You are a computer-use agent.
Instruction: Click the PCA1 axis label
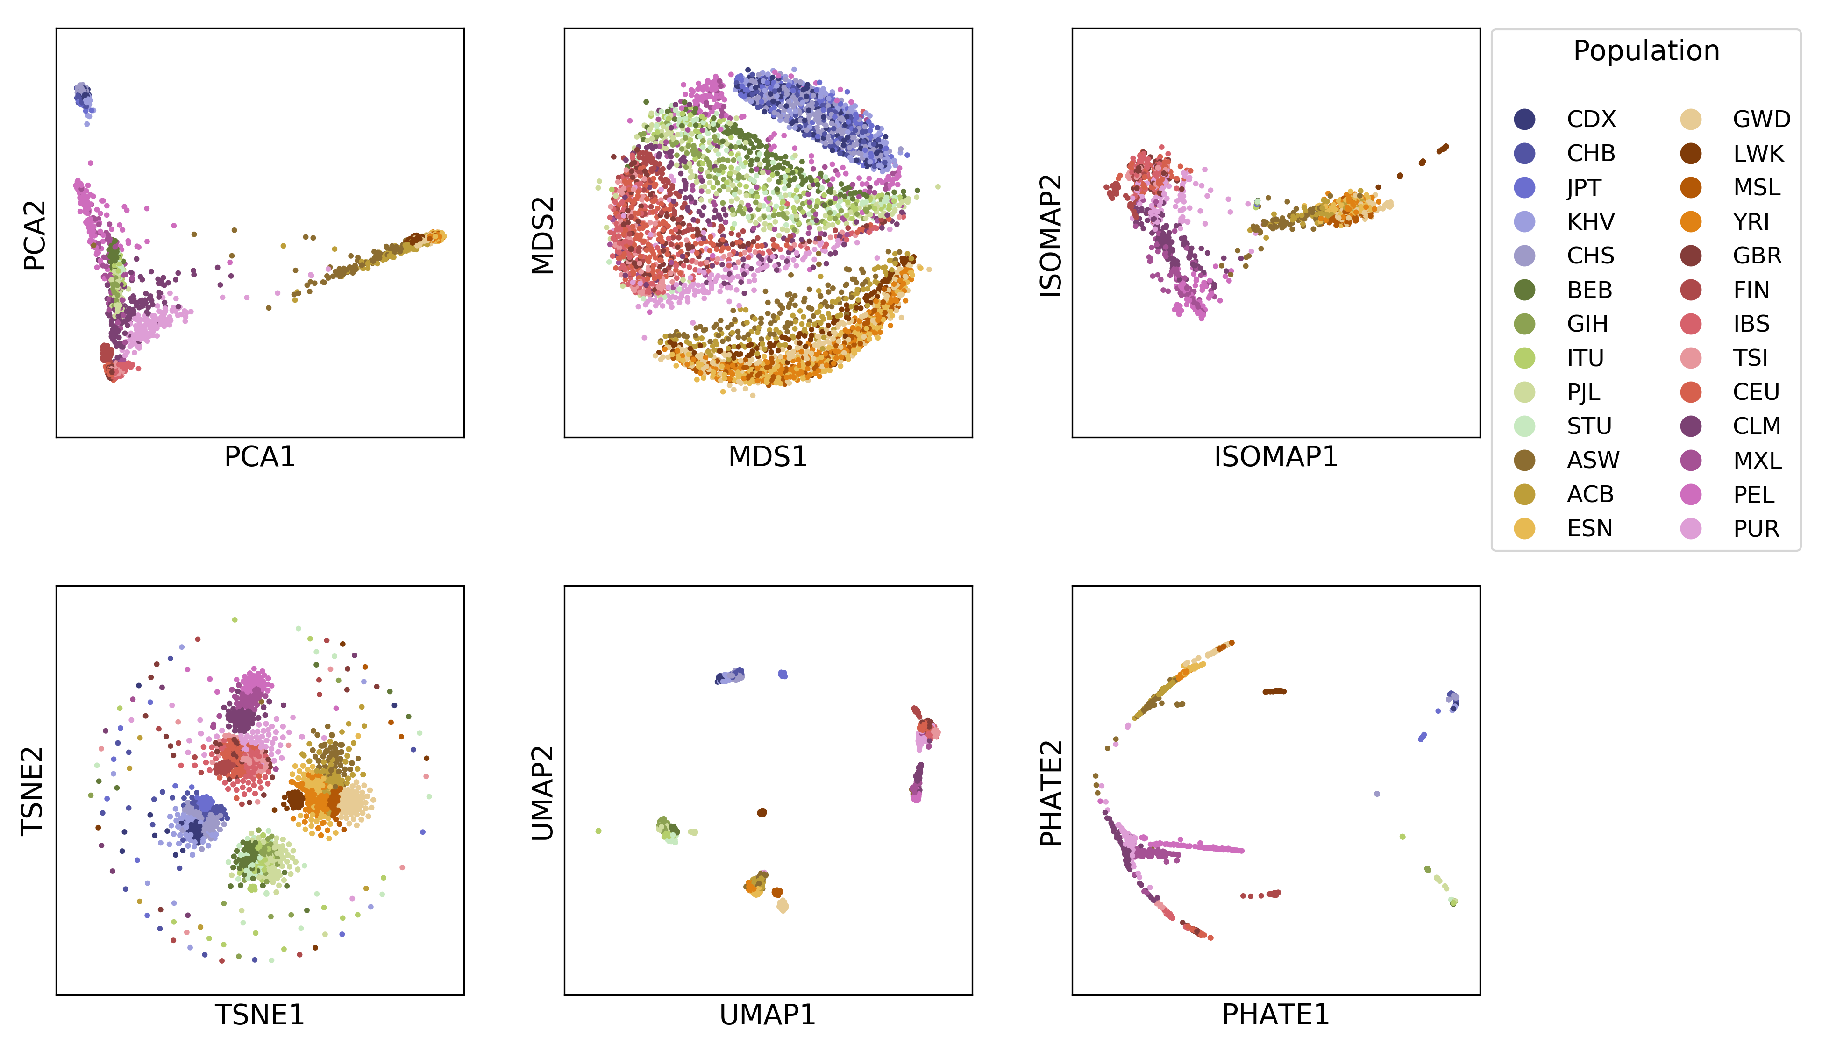259,457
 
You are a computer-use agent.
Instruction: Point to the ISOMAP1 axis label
1275,457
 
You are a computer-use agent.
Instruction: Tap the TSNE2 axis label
33,791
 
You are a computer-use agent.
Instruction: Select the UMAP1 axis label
768,1015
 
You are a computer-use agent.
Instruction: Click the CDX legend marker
1524,119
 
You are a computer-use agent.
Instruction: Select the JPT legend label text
1584,188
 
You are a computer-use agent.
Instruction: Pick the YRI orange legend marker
1691,221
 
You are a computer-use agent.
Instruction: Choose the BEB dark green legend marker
1524,290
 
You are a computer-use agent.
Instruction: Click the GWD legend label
1761,119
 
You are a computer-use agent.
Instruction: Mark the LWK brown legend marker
1691,154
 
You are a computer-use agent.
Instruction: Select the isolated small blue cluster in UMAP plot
783,674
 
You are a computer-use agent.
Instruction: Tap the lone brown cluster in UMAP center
762,812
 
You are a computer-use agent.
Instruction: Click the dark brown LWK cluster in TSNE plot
294,800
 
